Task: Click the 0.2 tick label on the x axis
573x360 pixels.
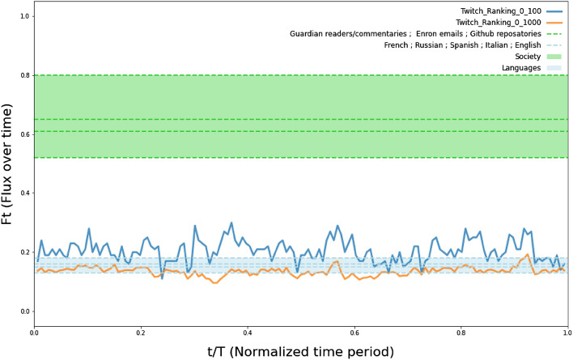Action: [x=141, y=332]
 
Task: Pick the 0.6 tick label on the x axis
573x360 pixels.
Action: [x=354, y=332]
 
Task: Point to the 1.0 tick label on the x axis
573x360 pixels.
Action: [x=567, y=332]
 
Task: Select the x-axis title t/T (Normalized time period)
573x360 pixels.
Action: [x=301, y=350]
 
